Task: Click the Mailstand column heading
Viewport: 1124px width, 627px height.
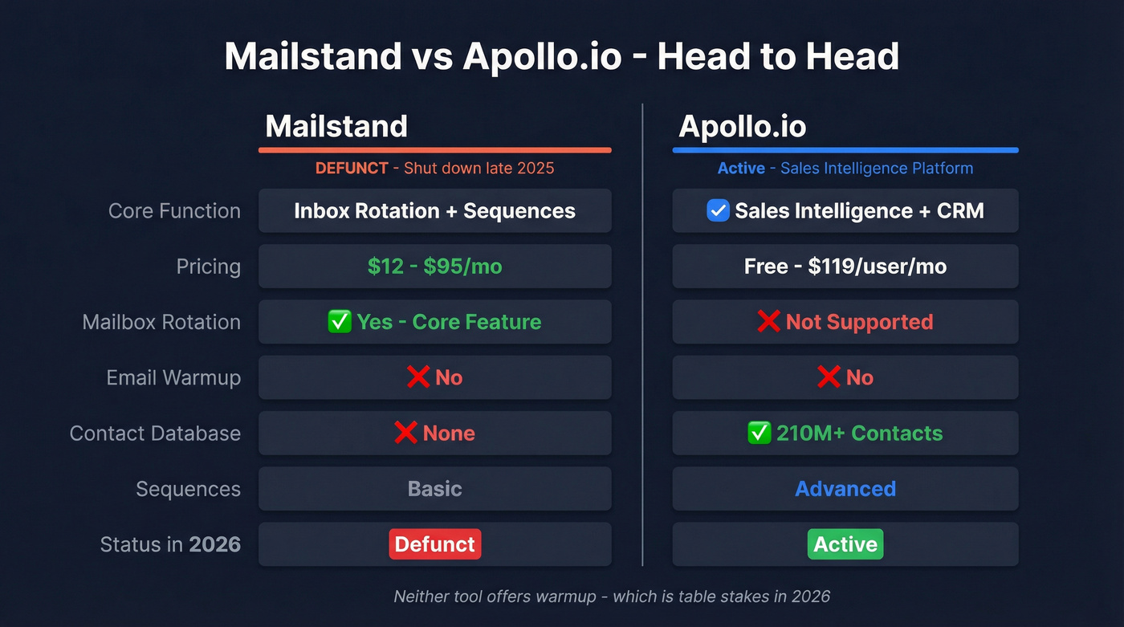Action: [x=336, y=126]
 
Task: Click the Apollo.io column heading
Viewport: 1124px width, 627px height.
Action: [x=742, y=126]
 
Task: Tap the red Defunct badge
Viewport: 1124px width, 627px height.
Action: [x=434, y=544]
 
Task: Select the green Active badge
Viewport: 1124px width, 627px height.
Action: [x=845, y=544]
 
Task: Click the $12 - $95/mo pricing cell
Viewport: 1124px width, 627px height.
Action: [x=434, y=267]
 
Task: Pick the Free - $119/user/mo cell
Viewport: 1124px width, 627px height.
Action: [x=845, y=267]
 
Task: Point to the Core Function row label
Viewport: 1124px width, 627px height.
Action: [x=174, y=211]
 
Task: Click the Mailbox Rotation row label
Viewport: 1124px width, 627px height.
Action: [x=161, y=322]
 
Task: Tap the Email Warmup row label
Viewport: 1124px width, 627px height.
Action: [x=173, y=377]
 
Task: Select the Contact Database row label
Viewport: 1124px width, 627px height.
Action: [x=155, y=434]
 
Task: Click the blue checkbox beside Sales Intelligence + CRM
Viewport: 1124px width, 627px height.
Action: [x=717, y=211]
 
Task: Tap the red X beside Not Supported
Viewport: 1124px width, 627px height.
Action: [x=768, y=322]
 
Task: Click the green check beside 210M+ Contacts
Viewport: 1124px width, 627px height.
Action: [x=759, y=434]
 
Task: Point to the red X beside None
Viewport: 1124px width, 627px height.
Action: [x=405, y=434]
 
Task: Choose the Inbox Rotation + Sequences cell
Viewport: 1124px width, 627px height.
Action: [x=434, y=211]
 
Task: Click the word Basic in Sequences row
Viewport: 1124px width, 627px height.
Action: [x=434, y=489]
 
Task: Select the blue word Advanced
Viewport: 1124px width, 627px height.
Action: [x=845, y=489]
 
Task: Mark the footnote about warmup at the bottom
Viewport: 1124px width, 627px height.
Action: [x=611, y=596]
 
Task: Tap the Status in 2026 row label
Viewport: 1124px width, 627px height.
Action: [x=170, y=544]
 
